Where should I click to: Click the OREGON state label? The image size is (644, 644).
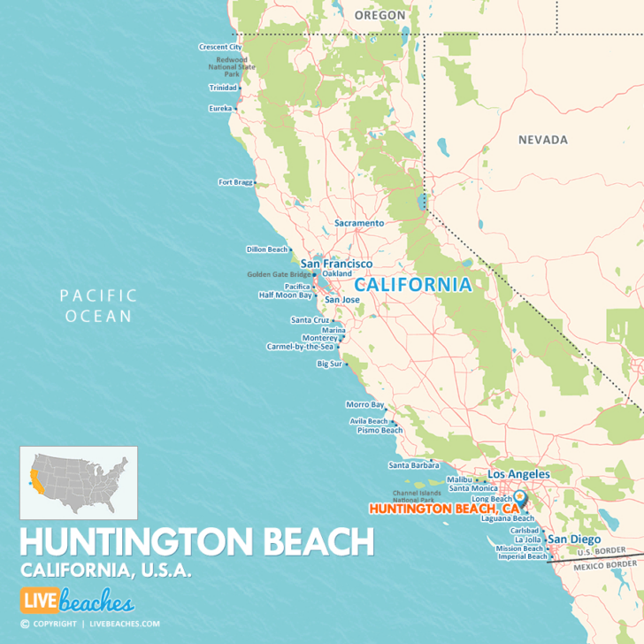tap(379, 15)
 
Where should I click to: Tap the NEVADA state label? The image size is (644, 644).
tap(542, 140)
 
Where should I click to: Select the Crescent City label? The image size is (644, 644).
tap(220, 47)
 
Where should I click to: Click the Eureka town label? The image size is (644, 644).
tap(219, 109)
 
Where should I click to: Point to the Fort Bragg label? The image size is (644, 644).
tap(234, 182)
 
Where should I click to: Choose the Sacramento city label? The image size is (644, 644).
tap(359, 224)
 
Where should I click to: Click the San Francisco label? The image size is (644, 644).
tap(336, 264)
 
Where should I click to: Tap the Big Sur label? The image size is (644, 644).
tap(329, 364)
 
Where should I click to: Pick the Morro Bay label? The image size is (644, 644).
tap(365, 404)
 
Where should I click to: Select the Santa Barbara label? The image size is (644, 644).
tap(409, 464)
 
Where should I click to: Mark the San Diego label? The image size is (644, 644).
tap(574, 539)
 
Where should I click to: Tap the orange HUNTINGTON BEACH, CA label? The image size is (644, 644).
tap(443, 509)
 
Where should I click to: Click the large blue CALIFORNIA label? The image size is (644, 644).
tap(413, 285)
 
